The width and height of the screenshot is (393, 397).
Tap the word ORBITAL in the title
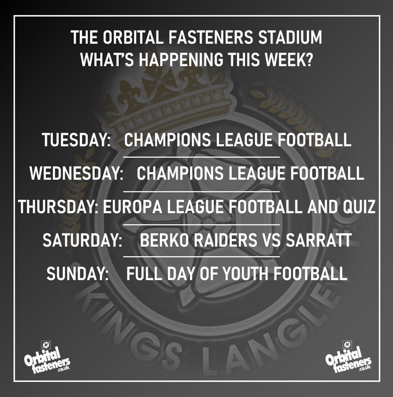tap(132, 37)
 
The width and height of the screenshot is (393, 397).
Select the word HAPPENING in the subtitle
tap(181, 59)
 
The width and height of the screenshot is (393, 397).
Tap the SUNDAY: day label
tap(77, 273)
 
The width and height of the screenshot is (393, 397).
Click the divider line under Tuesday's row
tap(201, 157)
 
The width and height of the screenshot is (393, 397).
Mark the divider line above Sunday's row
tap(201, 256)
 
